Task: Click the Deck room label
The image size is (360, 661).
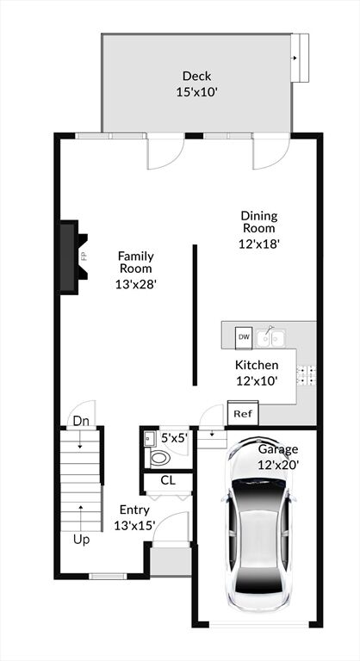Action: pyautogui.click(x=196, y=83)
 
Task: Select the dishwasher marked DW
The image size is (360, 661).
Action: pyautogui.click(x=244, y=337)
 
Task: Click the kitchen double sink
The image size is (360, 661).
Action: pyautogui.click(x=270, y=337)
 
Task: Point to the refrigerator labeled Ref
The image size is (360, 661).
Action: pyautogui.click(x=243, y=413)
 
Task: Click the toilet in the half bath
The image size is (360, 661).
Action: pyautogui.click(x=158, y=458)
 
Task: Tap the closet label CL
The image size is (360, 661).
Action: pyautogui.click(x=168, y=480)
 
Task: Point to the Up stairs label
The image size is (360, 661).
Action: pyautogui.click(x=82, y=539)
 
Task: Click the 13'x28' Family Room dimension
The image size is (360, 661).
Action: pyautogui.click(x=136, y=285)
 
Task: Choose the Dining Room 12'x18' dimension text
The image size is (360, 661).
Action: pyautogui.click(x=259, y=244)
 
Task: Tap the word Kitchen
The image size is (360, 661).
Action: pyautogui.click(x=257, y=365)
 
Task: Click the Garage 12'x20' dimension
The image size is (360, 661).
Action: pyautogui.click(x=278, y=465)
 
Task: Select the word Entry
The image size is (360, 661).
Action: pyautogui.click(x=134, y=510)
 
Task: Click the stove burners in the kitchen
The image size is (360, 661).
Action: pyautogui.click(x=307, y=374)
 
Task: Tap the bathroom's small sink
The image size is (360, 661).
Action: pyautogui.click(x=149, y=439)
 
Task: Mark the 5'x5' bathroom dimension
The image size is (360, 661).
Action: pyautogui.click(x=174, y=438)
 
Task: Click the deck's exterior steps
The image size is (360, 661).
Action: pyautogui.click(x=300, y=58)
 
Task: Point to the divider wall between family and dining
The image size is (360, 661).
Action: pyautogui.click(x=195, y=315)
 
